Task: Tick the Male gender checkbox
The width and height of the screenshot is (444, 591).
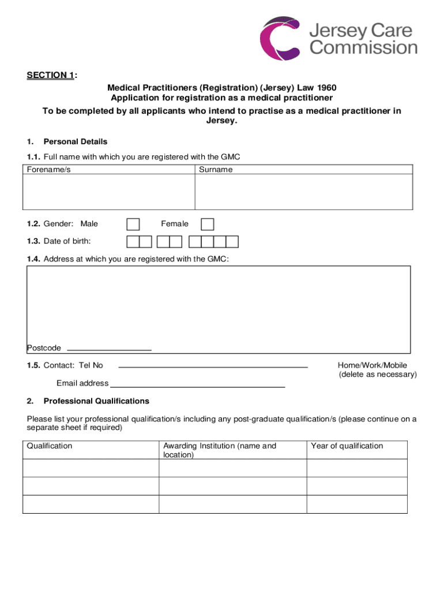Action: pos(133,224)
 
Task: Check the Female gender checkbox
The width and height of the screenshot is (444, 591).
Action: pos(208,224)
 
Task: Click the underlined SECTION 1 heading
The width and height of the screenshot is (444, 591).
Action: pos(51,76)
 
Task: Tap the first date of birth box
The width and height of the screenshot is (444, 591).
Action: pos(133,241)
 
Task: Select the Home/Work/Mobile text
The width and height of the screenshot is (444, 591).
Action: pos(372,365)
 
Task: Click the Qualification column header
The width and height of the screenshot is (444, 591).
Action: pos(50,446)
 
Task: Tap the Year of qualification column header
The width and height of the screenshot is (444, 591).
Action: pos(347,446)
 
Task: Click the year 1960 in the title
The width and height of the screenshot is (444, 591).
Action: pos(326,88)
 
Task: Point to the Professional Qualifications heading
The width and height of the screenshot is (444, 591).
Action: pos(96,401)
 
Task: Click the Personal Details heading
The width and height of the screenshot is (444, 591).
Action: pos(76,141)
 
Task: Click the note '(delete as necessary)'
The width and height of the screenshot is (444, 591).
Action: pos(378,375)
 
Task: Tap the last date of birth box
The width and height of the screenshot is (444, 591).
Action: pos(232,241)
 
